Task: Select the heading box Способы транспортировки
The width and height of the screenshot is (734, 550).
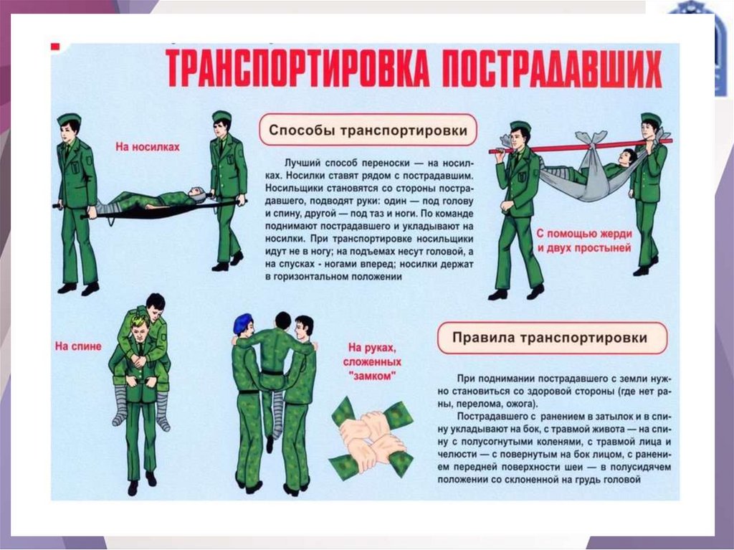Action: [368, 130]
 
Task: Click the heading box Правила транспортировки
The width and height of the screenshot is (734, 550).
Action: [553, 338]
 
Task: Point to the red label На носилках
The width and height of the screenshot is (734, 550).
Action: [148, 146]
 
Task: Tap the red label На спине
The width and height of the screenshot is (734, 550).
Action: [78, 346]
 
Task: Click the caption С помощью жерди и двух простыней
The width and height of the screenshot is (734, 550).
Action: [584, 241]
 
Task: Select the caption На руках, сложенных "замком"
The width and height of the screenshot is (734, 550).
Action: [372, 361]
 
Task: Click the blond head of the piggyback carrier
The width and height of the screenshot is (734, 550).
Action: [140, 321]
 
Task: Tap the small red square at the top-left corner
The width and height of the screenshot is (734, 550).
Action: [55, 47]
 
